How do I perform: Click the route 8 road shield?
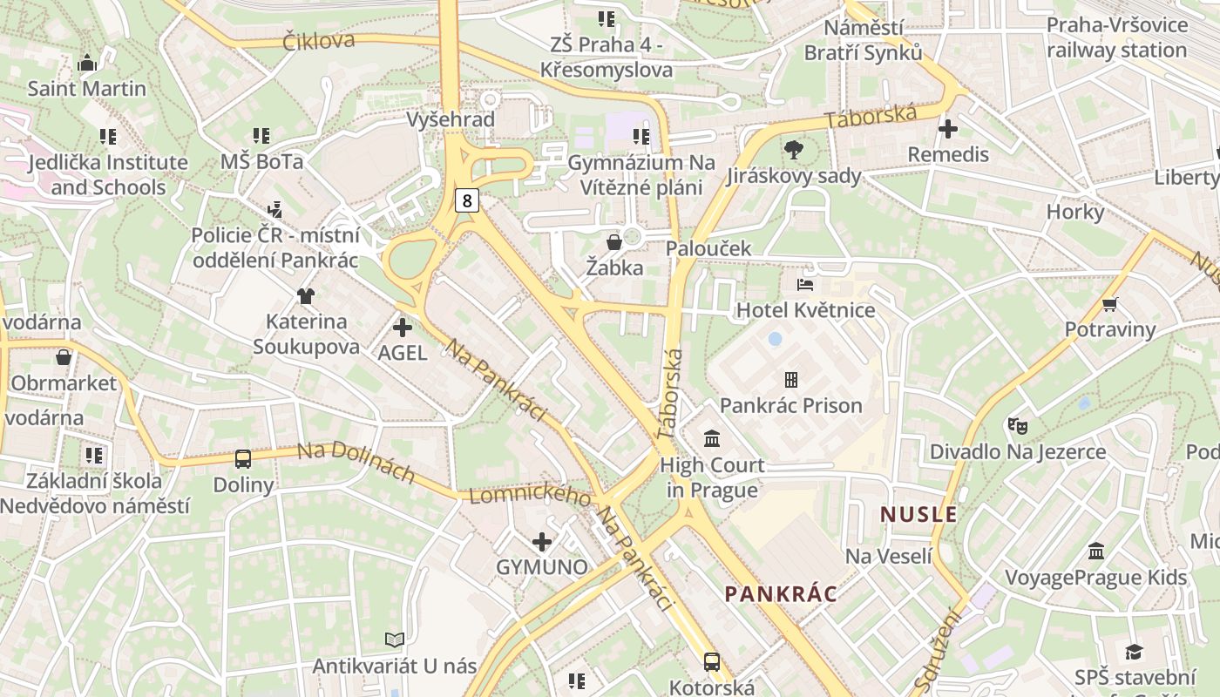tap(467, 201)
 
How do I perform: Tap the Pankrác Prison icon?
tap(790, 380)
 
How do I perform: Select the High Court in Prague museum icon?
tap(712, 438)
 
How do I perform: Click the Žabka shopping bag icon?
tap(614, 241)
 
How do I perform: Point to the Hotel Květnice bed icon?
tap(805, 285)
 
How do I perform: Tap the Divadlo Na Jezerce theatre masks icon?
tap(1017, 426)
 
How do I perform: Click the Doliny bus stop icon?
tap(243, 459)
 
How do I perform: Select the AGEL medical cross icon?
tap(403, 328)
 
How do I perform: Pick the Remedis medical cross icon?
tap(948, 129)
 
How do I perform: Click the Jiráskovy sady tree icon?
tap(793, 150)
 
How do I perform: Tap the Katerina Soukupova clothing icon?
tap(305, 296)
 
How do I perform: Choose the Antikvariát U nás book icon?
tap(395, 640)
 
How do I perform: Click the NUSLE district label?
tap(918, 514)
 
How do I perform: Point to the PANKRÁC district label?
tap(781, 594)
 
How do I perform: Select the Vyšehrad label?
tap(451, 119)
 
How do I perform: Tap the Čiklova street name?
tap(319, 40)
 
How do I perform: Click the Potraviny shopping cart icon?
tap(1109, 304)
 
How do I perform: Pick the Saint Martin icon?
tap(86, 64)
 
